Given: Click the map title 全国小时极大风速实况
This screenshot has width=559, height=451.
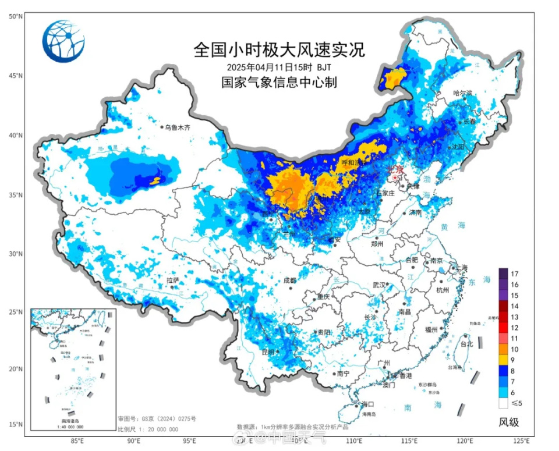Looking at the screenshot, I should click(279, 49).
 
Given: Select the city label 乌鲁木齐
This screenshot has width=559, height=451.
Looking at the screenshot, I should click(178, 127).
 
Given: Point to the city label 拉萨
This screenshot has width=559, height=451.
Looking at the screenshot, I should click(172, 280).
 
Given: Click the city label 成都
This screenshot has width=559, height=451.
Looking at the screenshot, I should click(289, 280).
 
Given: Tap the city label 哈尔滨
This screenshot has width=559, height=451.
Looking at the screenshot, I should click(463, 93).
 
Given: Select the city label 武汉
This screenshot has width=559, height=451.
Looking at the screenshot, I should click(378, 285).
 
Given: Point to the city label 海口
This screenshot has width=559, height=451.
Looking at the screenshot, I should click(366, 404).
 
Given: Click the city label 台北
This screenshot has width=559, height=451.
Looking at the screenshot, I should click(467, 344).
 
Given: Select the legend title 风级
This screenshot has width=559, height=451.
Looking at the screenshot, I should click(508, 422).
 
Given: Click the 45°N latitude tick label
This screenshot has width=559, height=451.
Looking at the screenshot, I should click(16, 76).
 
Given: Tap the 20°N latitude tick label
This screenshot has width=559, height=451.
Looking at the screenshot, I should click(16, 369).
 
